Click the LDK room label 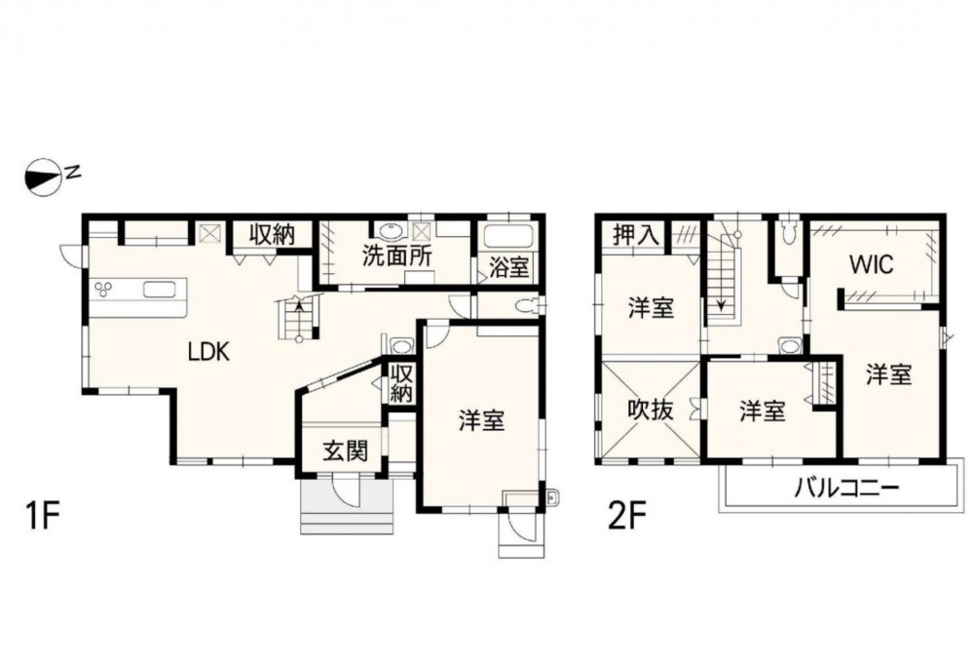click(x=209, y=353)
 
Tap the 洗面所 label click(x=397, y=256)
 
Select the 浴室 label click(x=508, y=267)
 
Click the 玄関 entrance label click(x=345, y=451)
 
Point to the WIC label click(x=872, y=265)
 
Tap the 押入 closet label click(x=635, y=235)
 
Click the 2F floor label click(x=627, y=516)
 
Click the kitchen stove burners click(x=103, y=290)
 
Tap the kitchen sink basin click(x=162, y=290)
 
